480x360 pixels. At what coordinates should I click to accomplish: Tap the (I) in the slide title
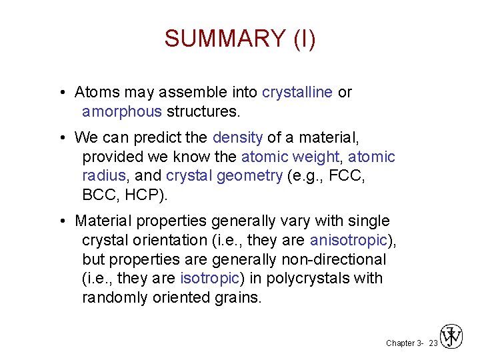304,39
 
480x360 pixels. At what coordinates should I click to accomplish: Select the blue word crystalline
297,92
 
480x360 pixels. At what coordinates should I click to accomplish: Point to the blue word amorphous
122,111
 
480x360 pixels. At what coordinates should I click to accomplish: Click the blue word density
237,138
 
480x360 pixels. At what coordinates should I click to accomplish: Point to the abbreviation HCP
147,195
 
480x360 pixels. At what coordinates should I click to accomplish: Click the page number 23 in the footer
433,343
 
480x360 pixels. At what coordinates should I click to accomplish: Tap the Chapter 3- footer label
404,343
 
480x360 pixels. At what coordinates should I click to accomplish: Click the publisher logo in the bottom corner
452,337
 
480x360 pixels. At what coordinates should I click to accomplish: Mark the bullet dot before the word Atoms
61,92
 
